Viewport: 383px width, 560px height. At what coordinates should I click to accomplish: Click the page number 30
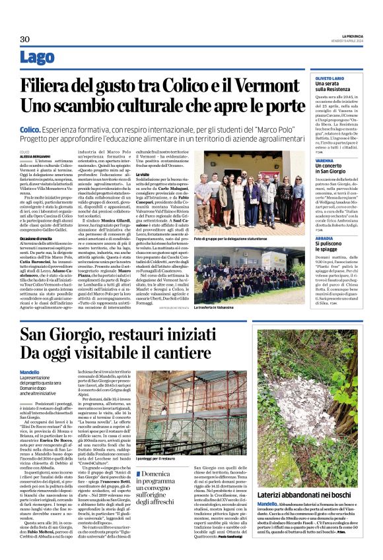click(x=25, y=39)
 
